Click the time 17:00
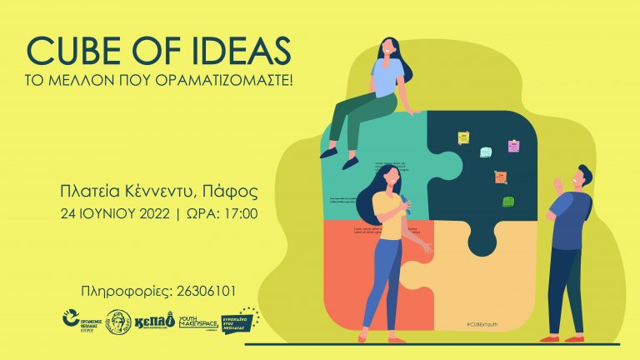241,214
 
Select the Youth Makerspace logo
198,321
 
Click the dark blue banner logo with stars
242,320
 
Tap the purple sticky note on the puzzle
513,146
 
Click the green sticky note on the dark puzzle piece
507,201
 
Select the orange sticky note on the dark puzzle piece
500,177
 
